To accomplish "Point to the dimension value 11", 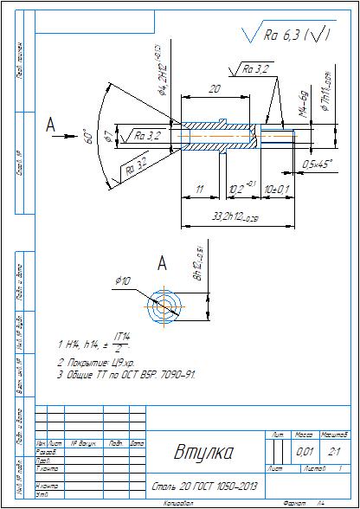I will [199, 187].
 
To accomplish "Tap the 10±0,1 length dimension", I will [277, 187].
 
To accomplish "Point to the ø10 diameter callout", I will [123, 281].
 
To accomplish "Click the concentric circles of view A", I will [164, 306].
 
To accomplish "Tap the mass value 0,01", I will [305, 451].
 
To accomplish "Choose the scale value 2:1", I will [336, 451].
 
